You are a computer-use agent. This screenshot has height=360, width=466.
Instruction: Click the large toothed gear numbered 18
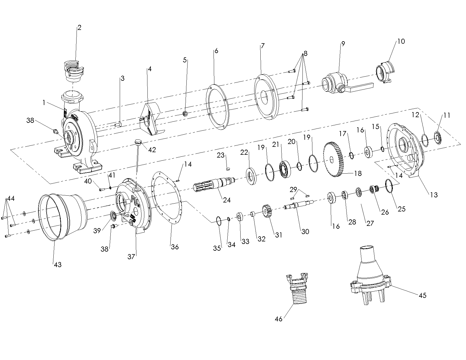[x=333, y=160]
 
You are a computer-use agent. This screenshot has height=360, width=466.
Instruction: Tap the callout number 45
[x=423, y=295]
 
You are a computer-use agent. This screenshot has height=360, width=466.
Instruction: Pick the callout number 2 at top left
[x=79, y=28]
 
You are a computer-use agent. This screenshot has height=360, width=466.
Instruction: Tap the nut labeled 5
[x=186, y=114]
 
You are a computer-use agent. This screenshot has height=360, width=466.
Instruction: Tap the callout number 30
[x=305, y=232]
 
